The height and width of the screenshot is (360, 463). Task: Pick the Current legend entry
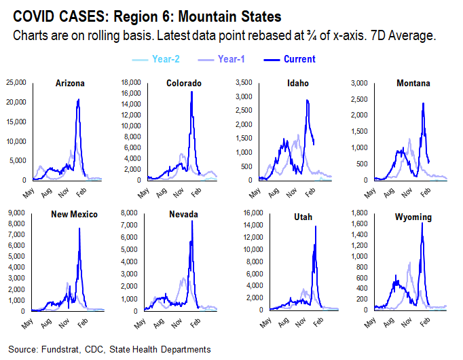pos(300,59)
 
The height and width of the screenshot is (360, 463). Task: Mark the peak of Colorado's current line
pos(191,92)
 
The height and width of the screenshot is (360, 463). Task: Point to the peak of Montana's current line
pos(424,103)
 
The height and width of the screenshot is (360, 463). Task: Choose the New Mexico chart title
pos(75,214)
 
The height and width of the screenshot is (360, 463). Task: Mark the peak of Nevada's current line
pos(192,221)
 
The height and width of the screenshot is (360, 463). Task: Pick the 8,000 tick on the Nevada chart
pos(132,213)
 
